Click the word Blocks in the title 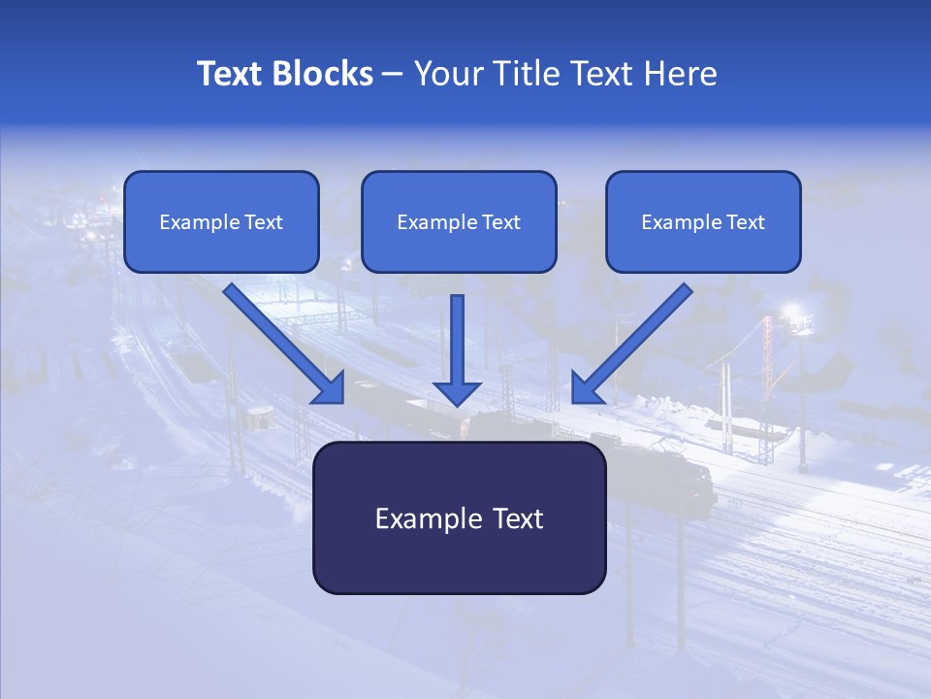point(323,74)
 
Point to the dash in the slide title point(393,75)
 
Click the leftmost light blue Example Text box point(221,222)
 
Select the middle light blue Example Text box point(459,222)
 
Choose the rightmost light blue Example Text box point(703,222)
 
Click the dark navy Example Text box point(459,517)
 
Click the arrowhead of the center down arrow point(457,392)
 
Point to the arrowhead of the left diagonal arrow point(330,387)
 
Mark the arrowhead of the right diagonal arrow point(586,387)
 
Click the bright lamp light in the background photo point(793,313)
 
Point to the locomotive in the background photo point(679,476)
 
